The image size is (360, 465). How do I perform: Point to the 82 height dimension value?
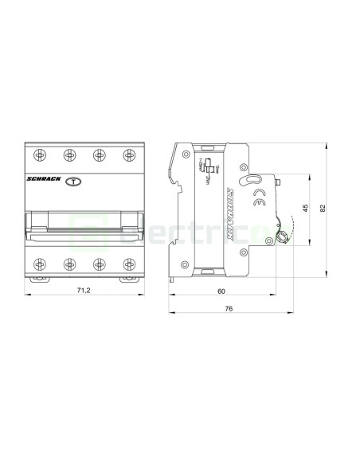pyautogui.click(x=322, y=209)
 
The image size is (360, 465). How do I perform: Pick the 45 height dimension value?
pyautogui.click(x=306, y=209)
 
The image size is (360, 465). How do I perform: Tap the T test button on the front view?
pyautogui.click(x=72, y=182)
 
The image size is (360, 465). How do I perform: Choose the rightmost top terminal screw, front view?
pyautogui.click(x=126, y=154)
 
